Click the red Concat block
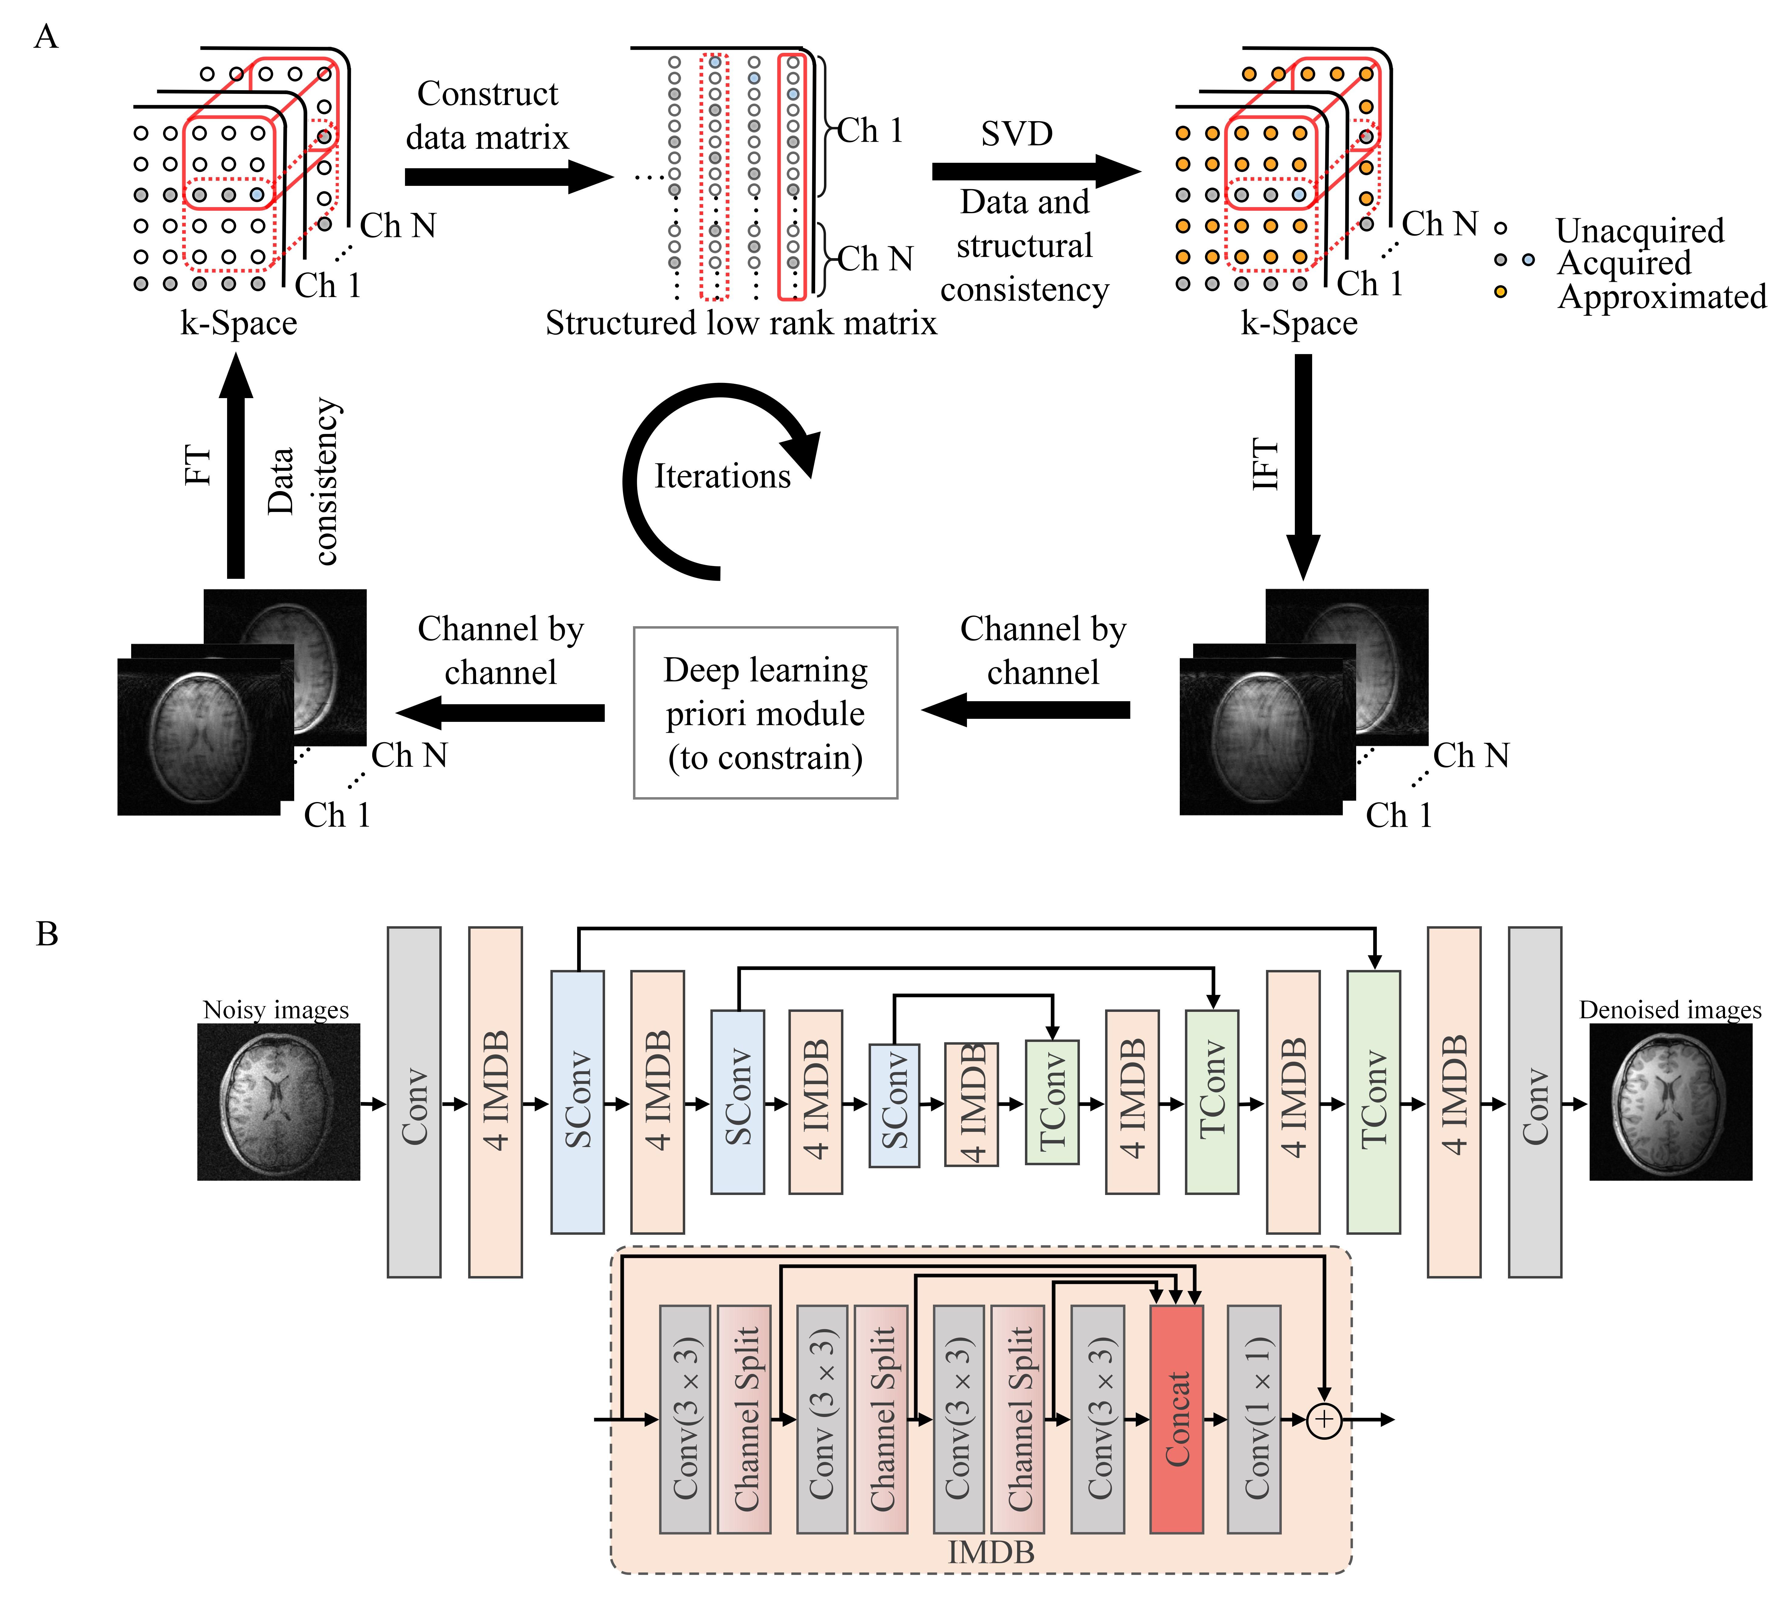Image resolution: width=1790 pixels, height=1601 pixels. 1176,1418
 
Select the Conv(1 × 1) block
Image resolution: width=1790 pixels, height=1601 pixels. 1254,1418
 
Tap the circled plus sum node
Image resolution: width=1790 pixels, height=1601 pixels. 1324,1420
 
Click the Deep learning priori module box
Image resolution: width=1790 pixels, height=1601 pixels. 765,712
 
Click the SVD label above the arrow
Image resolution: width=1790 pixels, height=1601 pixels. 1017,134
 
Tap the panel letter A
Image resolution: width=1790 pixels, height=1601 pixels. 46,37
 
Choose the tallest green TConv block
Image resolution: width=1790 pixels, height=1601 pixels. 1373,1101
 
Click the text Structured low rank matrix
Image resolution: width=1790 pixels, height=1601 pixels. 741,323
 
